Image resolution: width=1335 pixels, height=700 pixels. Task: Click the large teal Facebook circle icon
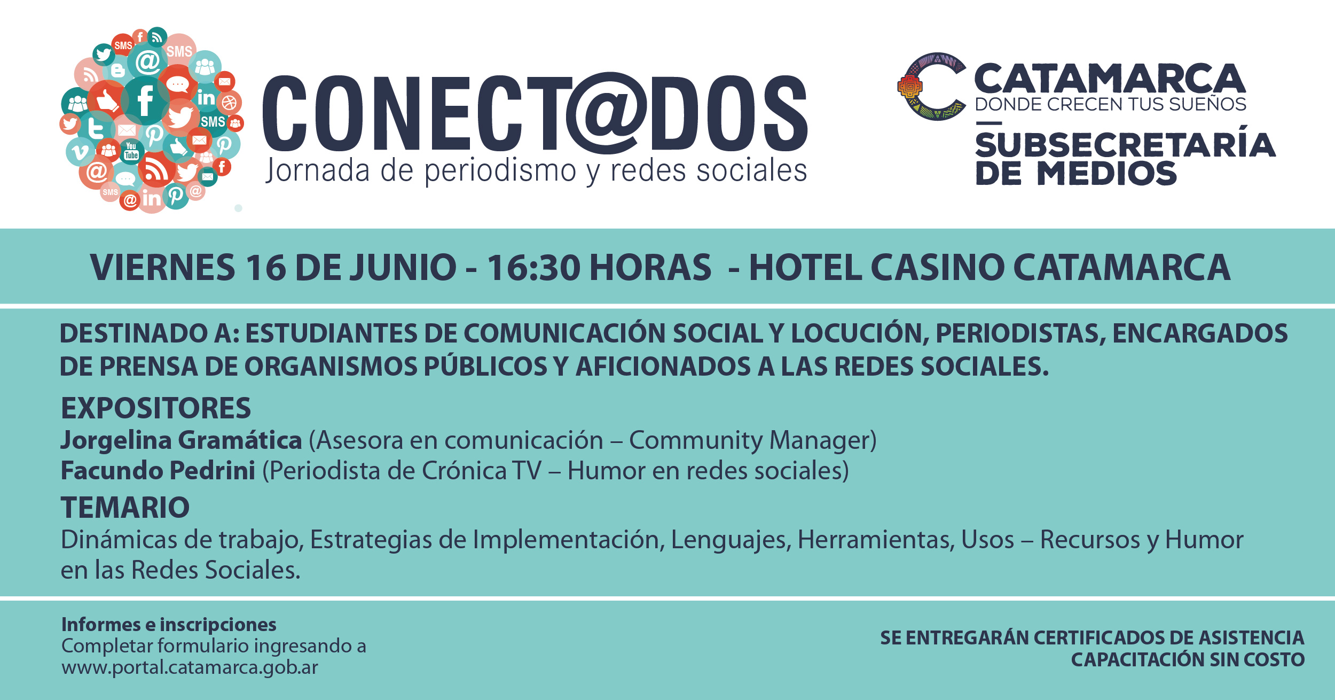145,100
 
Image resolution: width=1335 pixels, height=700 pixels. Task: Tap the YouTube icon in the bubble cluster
131,151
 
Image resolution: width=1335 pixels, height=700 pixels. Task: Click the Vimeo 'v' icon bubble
80,152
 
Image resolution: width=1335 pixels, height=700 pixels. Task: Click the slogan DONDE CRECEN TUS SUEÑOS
1110,104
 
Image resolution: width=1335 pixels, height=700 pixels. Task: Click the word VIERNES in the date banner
163,267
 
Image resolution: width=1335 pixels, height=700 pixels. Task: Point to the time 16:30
533,267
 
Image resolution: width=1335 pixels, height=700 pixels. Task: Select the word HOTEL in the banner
805,267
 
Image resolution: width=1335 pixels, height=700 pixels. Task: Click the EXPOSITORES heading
156,408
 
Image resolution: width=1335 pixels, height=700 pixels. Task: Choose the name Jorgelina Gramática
182,441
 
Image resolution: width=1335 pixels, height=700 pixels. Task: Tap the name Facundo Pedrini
158,471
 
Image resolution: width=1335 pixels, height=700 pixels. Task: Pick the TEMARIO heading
125,508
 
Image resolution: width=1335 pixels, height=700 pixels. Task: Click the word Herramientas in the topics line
876,540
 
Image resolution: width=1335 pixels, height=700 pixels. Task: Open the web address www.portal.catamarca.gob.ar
190,668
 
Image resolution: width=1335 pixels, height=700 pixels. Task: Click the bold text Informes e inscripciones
169,625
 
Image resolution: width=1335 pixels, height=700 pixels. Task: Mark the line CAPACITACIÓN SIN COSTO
1188,660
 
